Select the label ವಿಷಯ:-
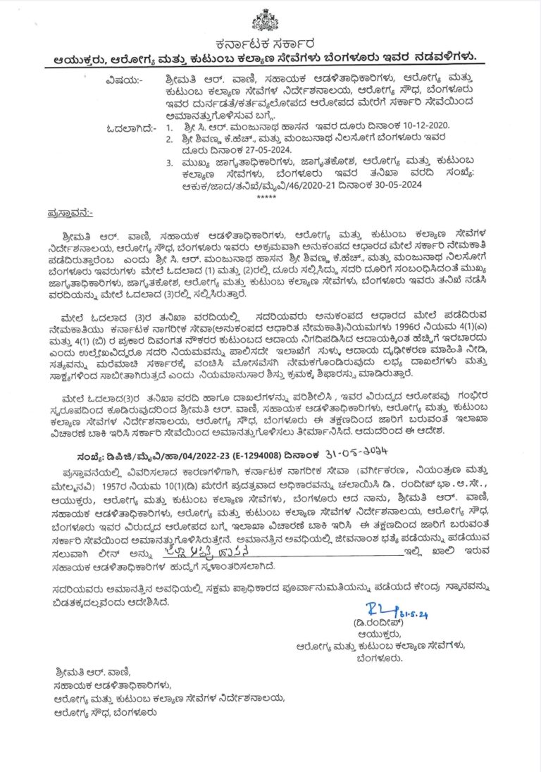click(x=123, y=80)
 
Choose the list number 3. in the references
click(x=169, y=163)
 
